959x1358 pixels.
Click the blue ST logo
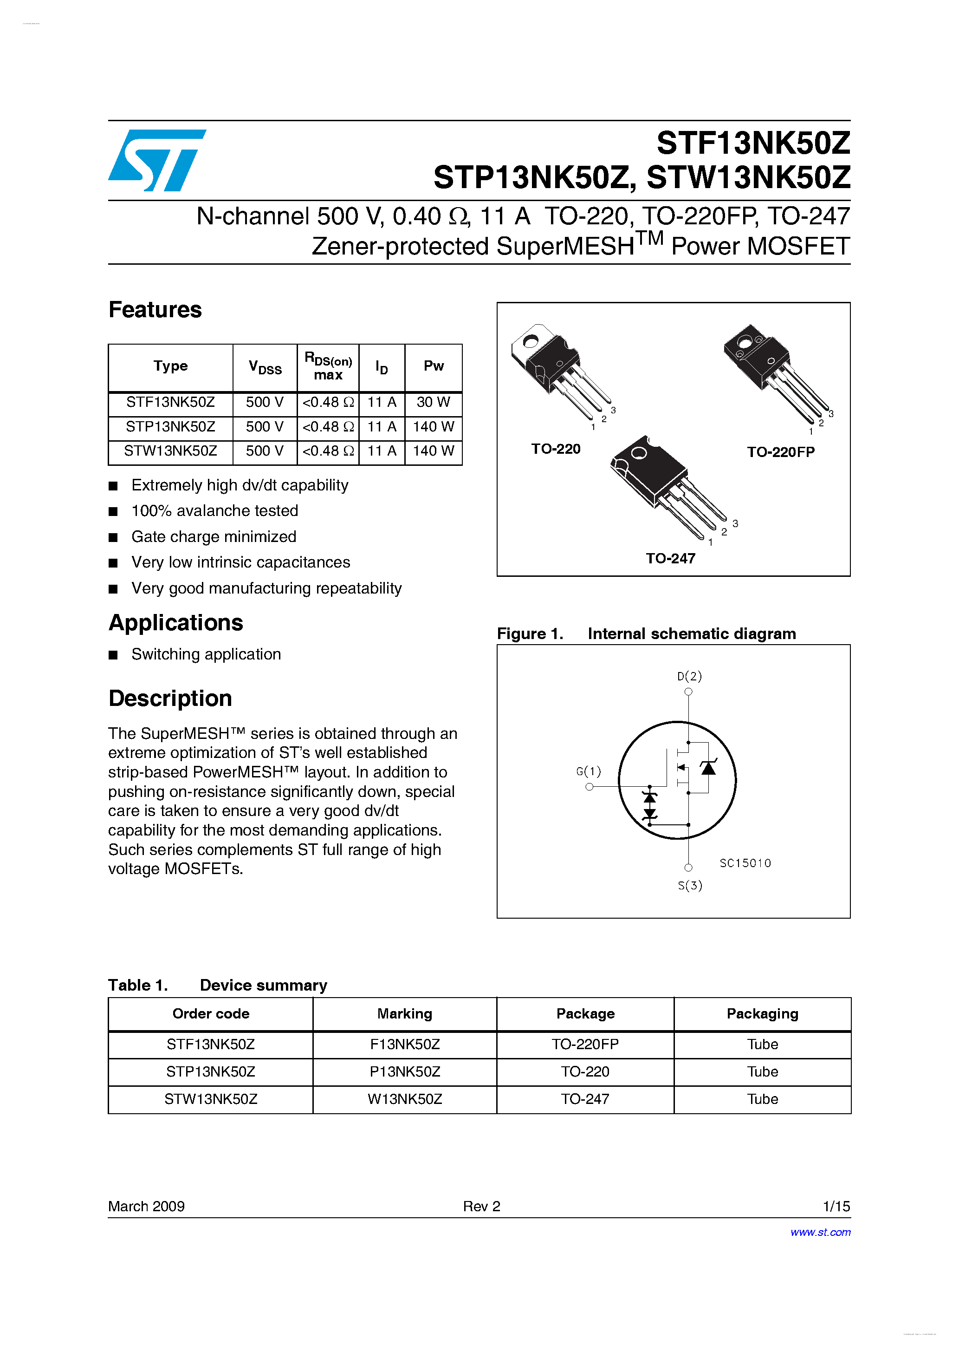157,160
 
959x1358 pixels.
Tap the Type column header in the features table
170,366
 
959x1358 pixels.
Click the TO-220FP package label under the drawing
780,452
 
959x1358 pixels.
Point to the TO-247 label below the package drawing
670,558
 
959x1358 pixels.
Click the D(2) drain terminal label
689,676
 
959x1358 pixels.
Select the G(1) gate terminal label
588,771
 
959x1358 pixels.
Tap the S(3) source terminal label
690,885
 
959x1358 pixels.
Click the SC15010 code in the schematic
745,863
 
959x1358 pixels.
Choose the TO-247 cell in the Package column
585,1099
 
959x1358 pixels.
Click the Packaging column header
762,1014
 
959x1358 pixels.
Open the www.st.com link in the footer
820,1232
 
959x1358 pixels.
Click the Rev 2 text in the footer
481,1206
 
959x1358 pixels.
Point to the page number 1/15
836,1206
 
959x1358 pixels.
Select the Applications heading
175,623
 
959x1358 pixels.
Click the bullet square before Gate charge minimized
113,537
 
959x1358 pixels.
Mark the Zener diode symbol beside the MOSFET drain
708,768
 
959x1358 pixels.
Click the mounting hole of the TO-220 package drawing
531,341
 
